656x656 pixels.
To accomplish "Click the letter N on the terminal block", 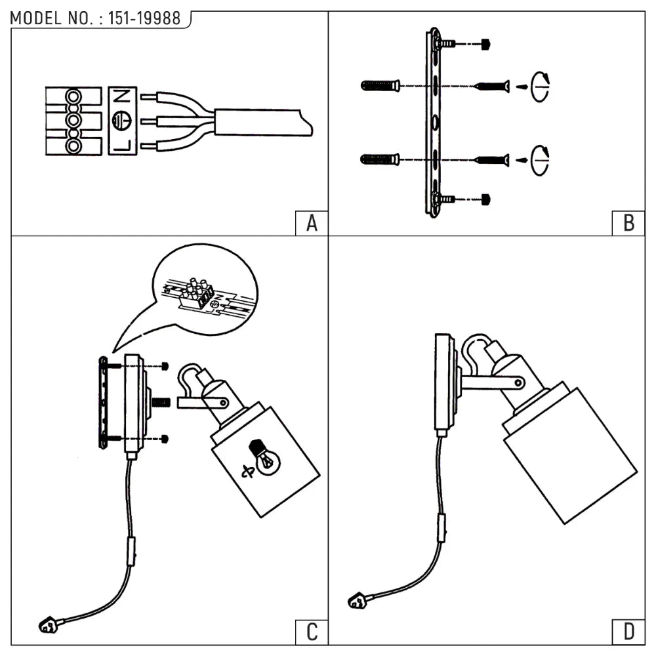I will [x=121, y=96].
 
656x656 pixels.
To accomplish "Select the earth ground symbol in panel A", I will [x=121, y=121].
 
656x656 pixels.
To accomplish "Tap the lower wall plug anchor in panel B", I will [x=380, y=159].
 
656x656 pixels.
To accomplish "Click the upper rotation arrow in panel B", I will [x=541, y=87].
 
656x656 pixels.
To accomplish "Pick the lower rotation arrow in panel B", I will [x=541, y=159].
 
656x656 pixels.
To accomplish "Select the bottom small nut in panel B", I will [x=485, y=198].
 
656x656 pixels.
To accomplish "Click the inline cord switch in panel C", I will [x=133, y=546].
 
